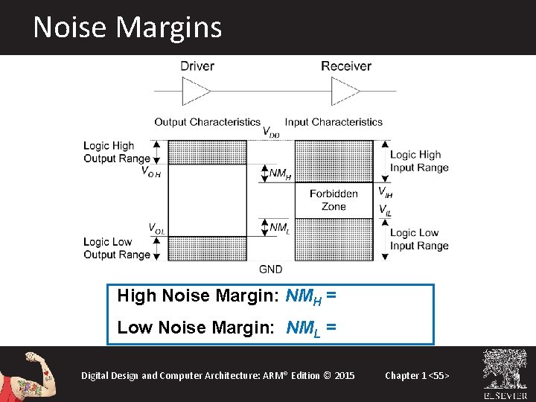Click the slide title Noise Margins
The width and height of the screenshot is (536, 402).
(x=127, y=28)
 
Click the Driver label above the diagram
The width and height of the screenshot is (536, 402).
(x=197, y=66)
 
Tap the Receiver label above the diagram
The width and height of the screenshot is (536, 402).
(x=346, y=66)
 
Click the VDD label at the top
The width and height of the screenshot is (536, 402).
(x=272, y=133)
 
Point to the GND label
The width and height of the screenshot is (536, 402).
(x=271, y=268)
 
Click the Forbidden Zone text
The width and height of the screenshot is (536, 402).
(x=334, y=200)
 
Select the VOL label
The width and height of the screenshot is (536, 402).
(x=156, y=228)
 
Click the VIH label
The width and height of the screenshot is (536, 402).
(x=385, y=192)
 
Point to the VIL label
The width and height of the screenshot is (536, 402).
(x=384, y=211)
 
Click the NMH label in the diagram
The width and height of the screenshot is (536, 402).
(x=280, y=174)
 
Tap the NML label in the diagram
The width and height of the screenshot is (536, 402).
(x=279, y=227)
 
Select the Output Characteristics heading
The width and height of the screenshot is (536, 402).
(x=207, y=122)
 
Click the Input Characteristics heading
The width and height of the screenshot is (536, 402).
(x=334, y=122)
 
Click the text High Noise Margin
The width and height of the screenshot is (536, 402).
(x=197, y=296)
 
